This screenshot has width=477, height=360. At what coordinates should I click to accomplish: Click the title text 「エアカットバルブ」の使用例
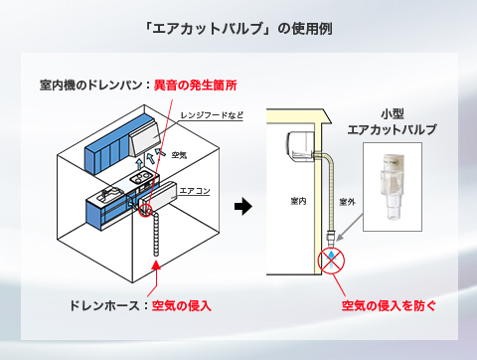click(x=238, y=29)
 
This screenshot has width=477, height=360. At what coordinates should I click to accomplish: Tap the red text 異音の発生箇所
click(x=196, y=86)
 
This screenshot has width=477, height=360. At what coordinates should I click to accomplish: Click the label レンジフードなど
click(x=212, y=115)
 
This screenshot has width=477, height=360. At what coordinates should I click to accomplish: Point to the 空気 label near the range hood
click(x=179, y=155)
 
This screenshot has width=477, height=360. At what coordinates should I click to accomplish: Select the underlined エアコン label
click(x=195, y=191)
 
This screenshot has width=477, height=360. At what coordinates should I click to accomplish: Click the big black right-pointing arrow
click(x=243, y=206)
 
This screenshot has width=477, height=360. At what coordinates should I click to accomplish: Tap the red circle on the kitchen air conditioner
click(x=145, y=211)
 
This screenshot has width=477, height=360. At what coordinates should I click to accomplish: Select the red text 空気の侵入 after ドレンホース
click(x=182, y=305)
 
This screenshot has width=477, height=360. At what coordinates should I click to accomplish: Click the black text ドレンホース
click(x=104, y=305)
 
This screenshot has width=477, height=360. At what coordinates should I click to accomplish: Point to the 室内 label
click(x=298, y=201)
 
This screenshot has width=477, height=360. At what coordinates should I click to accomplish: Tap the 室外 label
click(x=347, y=202)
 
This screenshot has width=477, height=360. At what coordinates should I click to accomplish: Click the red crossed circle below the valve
click(x=331, y=261)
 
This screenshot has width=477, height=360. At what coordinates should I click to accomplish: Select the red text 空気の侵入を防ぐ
click(x=389, y=305)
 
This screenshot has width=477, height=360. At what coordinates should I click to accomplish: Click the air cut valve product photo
click(x=393, y=187)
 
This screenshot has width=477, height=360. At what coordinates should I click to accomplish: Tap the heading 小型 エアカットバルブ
click(x=393, y=122)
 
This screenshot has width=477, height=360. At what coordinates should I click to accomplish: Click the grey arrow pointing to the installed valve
click(x=349, y=228)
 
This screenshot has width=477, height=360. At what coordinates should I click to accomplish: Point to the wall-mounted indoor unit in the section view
click(x=301, y=147)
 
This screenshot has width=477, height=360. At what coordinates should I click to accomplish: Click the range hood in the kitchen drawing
click(x=145, y=138)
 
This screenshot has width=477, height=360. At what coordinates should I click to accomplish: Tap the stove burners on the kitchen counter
click(x=141, y=177)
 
